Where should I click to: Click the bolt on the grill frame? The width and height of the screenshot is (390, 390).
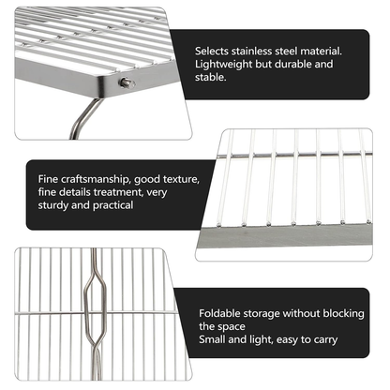(125, 83)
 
